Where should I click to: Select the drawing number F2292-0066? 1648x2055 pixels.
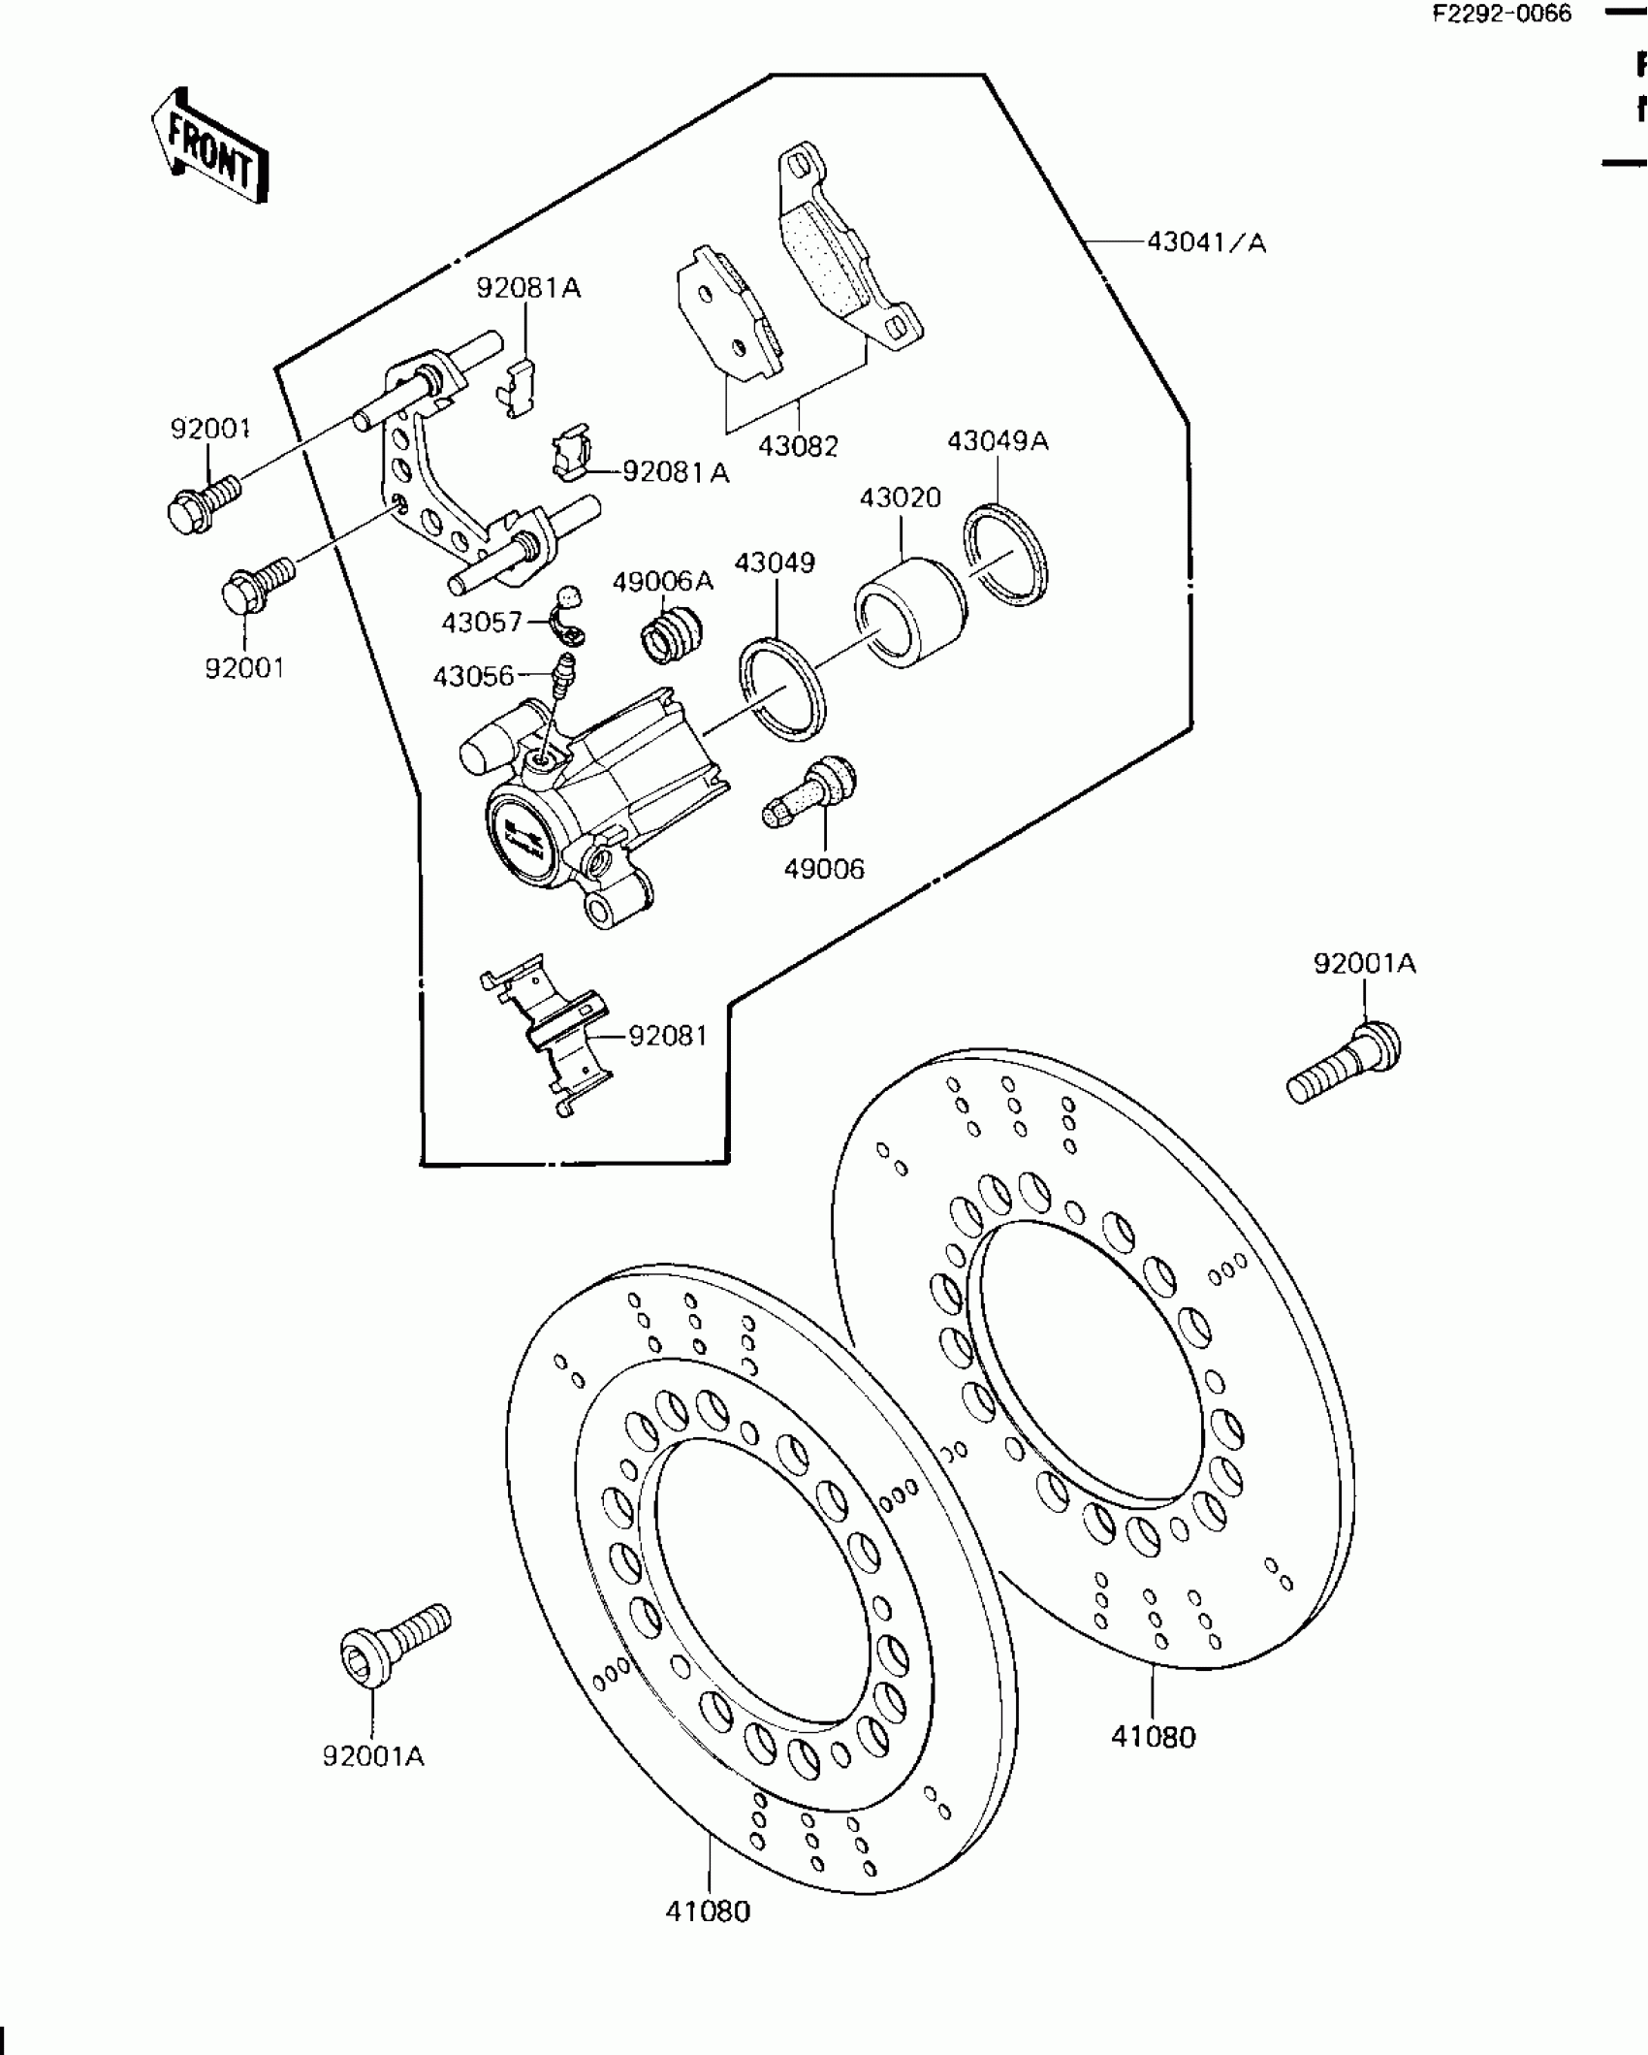pyautogui.click(x=1503, y=14)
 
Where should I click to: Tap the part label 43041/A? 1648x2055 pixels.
pyautogui.click(x=1206, y=241)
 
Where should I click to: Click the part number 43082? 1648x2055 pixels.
pyautogui.click(x=797, y=446)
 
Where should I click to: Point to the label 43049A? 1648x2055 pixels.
pyautogui.click(x=998, y=441)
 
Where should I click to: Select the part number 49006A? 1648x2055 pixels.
pyautogui.click(x=662, y=581)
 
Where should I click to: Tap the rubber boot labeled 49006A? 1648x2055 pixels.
pyautogui.click(x=671, y=635)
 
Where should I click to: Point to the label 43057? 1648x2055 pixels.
pyautogui.click(x=482, y=622)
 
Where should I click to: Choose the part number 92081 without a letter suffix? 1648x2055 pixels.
pyautogui.click(x=668, y=1036)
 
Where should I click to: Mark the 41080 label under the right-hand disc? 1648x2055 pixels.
pyautogui.click(x=1153, y=1736)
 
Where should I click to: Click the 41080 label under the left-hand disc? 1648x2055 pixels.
pyautogui.click(x=708, y=1911)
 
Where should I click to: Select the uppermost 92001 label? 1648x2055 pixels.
pyautogui.click(x=210, y=429)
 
